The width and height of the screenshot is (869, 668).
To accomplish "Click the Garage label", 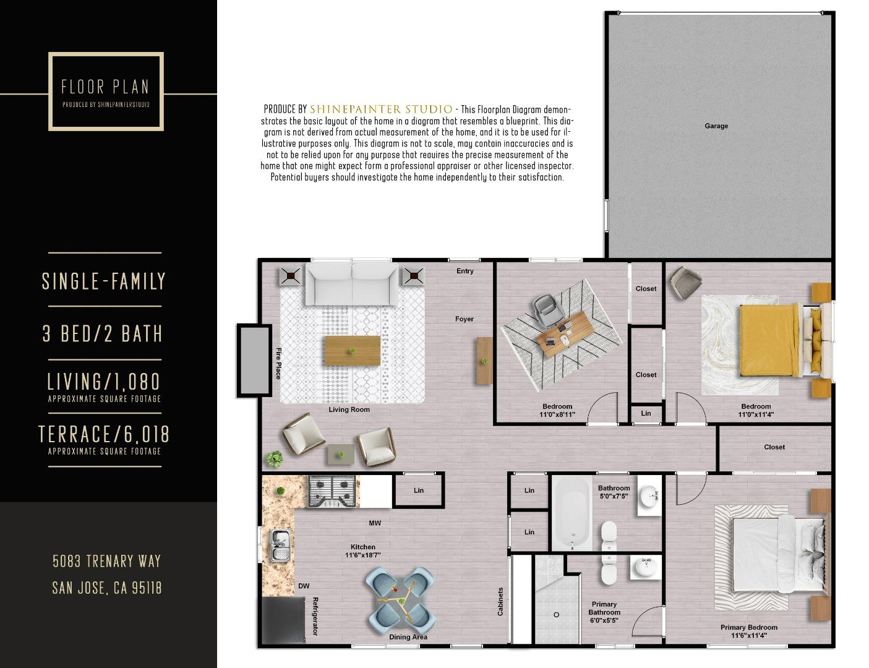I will tap(716, 126).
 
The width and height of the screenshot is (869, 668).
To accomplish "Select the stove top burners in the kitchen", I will tap(333, 491).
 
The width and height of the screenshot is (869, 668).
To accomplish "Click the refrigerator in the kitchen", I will tap(283, 621).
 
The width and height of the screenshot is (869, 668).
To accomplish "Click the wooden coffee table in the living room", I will tap(352, 351).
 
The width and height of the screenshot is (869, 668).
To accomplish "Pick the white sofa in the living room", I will tap(352, 282).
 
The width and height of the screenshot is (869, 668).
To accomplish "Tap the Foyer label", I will tap(464, 319).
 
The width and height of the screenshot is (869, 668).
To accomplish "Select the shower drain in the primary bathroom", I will tap(556, 615).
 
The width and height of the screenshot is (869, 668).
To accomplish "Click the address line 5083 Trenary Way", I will tap(106, 561).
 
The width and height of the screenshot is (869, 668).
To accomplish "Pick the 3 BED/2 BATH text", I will tap(103, 334).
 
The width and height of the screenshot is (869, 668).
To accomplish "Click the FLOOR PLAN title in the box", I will tap(105, 87).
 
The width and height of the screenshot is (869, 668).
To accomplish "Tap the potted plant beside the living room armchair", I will tap(273, 459).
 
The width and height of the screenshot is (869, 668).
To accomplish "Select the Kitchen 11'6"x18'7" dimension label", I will tap(362, 551).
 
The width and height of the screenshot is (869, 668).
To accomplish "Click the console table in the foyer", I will tap(484, 359).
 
